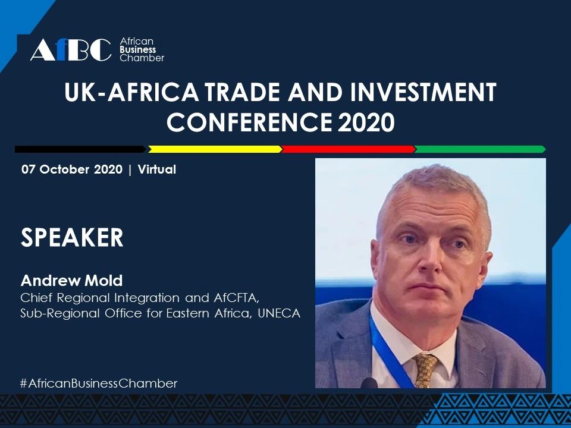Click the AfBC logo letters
(x=70, y=50)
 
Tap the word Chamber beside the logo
(x=142, y=58)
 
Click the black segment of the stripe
(x=80, y=149)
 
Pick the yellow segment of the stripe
(x=214, y=149)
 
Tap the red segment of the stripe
(x=347, y=149)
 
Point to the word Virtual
(x=157, y=169)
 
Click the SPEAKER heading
(x=72, y=238)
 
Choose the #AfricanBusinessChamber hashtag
(x=99, y=383)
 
